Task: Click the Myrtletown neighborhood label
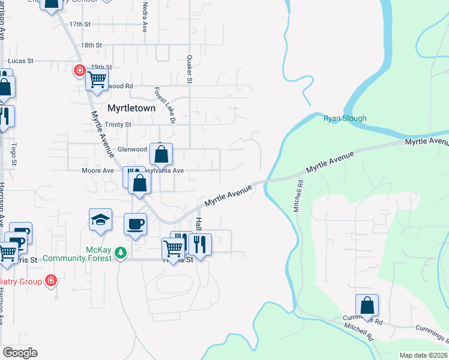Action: tap(131, 109)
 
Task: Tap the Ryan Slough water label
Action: tap(345, 118)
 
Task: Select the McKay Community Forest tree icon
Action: tap(121, 253)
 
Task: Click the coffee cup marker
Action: tap(135, 224)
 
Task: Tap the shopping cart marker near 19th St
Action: tap(96, 79)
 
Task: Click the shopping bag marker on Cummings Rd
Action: tap(367, 305)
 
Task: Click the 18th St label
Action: tap(92, 45)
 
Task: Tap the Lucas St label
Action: tap(20, 61)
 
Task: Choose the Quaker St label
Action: tap(189, 69)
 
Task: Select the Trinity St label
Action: tap(118, 125)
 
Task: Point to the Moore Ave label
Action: tap(98, 170)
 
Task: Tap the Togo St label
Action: tap(13, 155)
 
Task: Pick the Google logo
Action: tap(20, 353)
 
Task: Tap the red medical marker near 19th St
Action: tap(79, 71)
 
